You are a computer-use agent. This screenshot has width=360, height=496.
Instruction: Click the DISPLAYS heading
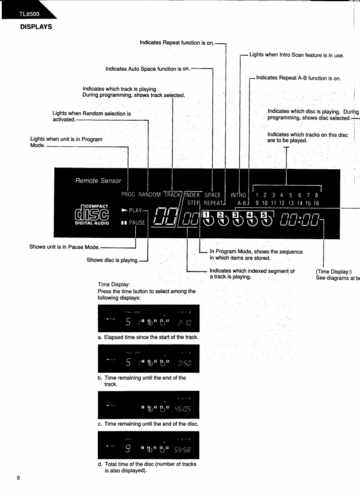click(x=36, y=27)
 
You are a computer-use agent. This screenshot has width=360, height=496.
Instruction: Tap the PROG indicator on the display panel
click(x=128, y=195)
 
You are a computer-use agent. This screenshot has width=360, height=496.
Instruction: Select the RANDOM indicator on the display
click(x=150, y=195)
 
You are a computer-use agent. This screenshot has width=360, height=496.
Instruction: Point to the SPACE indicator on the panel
click(x=212, y=195)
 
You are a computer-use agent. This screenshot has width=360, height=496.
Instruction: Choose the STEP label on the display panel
click(x=194, y=203)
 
